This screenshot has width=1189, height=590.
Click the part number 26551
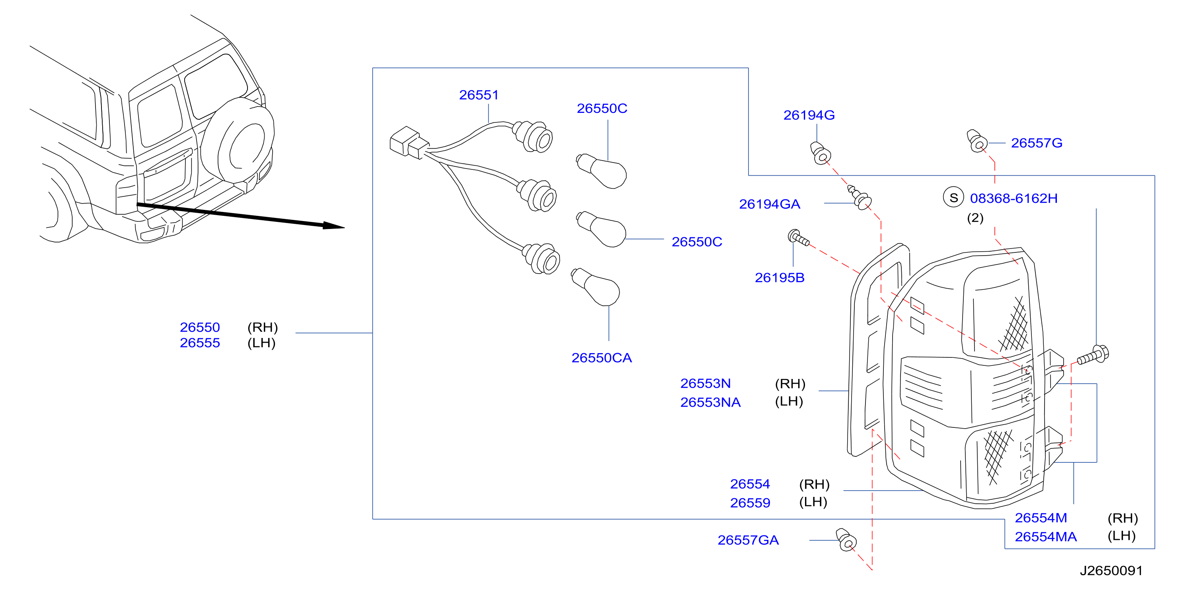point(479,95)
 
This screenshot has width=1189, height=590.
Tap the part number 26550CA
point(601,358)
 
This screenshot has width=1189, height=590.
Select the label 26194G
point(809,115)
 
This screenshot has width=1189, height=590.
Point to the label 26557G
point(1037,143)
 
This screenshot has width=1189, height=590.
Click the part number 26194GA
point(770,204)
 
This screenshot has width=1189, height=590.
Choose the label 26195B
point(780,278)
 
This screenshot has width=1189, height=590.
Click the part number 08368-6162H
point(1014,198)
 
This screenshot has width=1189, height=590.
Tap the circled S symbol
point(953,198)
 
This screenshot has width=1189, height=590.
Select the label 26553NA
point(710,402)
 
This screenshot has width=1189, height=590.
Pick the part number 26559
point(750,503)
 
